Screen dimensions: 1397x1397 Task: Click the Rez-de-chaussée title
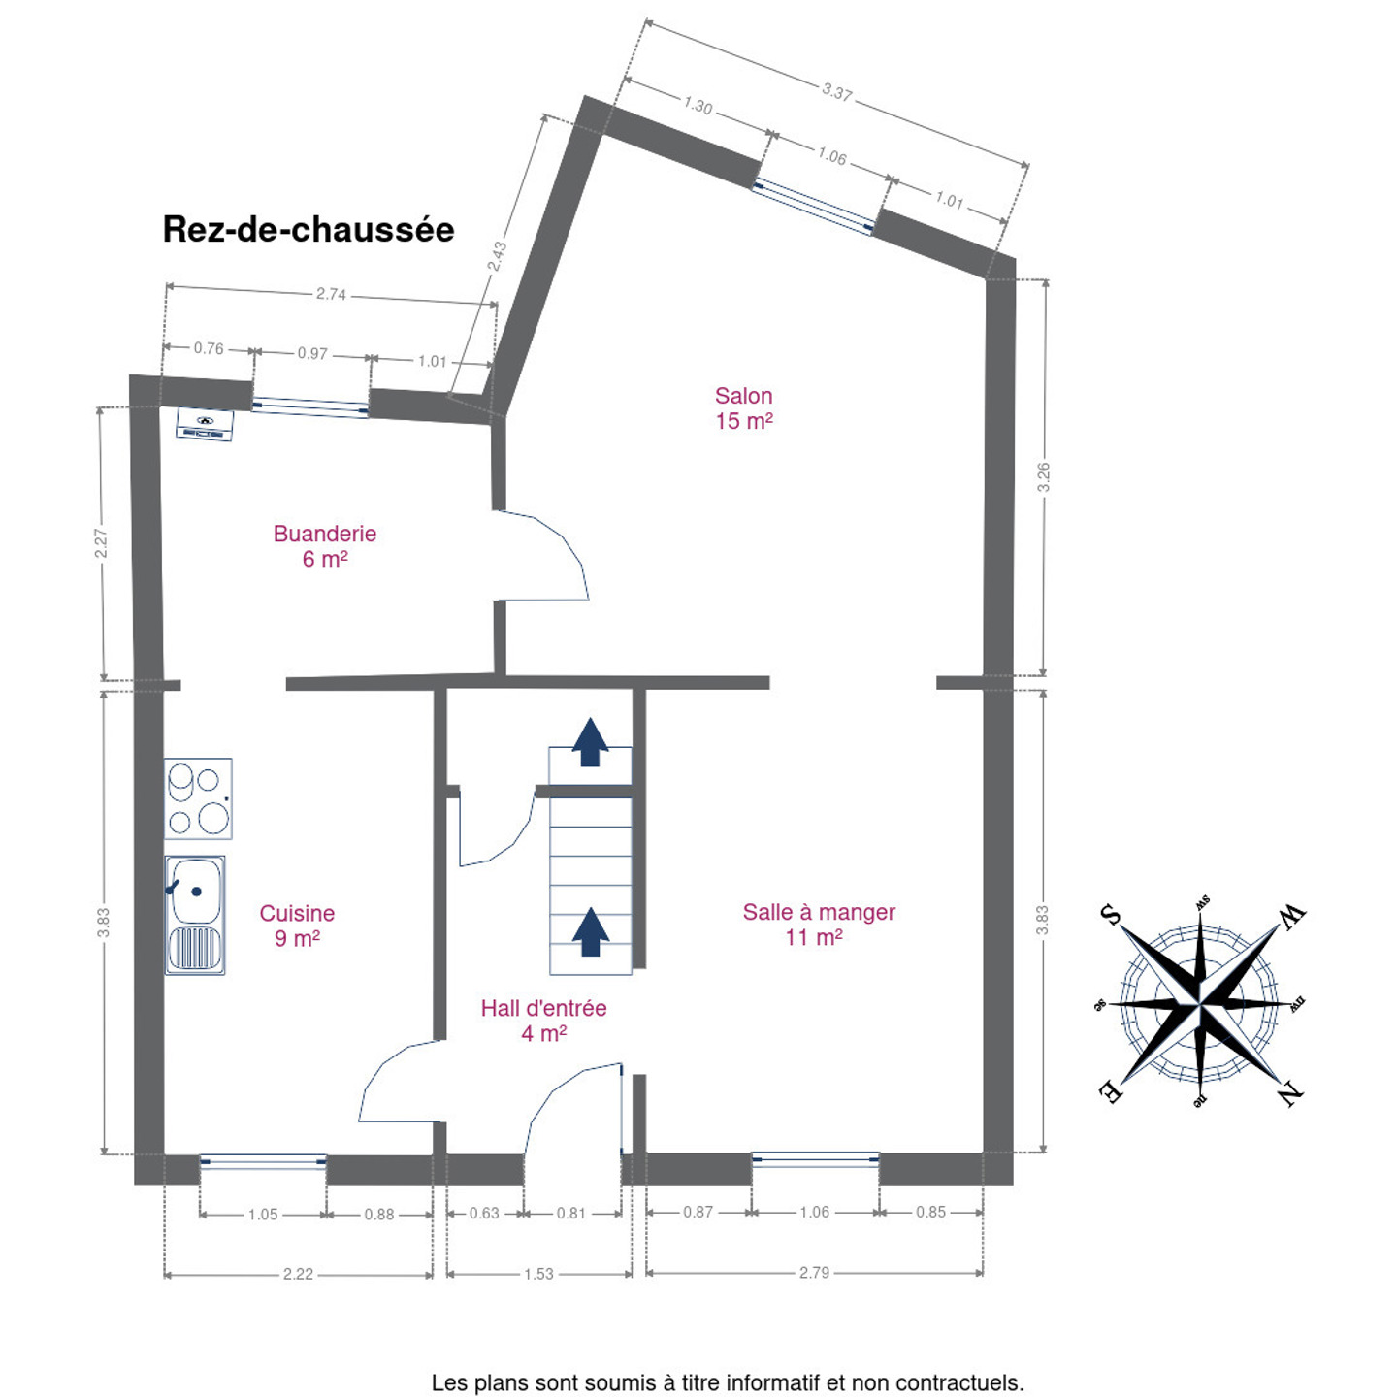pyautogui.click(x=309, y=230)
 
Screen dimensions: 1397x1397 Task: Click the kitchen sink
pyautogui.click(x=195, y=915)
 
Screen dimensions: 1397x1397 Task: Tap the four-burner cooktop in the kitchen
pyautogui.click(x=198, y=798)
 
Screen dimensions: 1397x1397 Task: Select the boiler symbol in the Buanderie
pyautogui.click(x=205, y=424)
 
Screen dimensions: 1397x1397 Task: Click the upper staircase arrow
pyautogui.click(x=591, y=741)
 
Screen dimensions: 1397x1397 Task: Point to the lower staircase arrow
pyautogui.click(x=591, y=932)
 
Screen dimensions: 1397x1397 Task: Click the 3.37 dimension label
pyautogui.click(x=836, y=92)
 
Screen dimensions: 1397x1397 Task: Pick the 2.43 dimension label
pyautogui.click(x=497, y=257)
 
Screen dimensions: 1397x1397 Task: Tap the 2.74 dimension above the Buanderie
pyautogui.click(x=331, y=294)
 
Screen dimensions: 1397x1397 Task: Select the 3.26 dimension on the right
pyautogui.click(x=1043, y=477)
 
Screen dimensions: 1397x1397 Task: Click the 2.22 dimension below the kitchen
pyautogui.click(x=298, y=1274)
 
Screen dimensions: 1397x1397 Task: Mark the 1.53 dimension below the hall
pyautogui.click(x=538, y=1274)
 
